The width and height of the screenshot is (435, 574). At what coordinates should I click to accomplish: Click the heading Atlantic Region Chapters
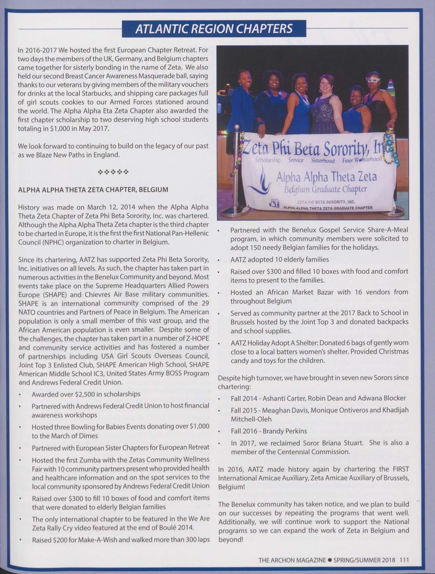click(214, 28)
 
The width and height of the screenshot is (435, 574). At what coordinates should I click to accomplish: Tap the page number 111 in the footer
click(404, 559)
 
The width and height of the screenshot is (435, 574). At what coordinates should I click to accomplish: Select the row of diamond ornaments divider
click(113, 172)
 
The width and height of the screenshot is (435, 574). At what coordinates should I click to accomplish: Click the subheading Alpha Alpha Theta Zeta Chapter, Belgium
click(93, 190)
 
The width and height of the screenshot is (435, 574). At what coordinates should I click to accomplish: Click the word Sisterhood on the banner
click(323, 161)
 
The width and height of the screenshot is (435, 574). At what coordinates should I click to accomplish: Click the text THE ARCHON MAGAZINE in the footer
click(292, 559)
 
